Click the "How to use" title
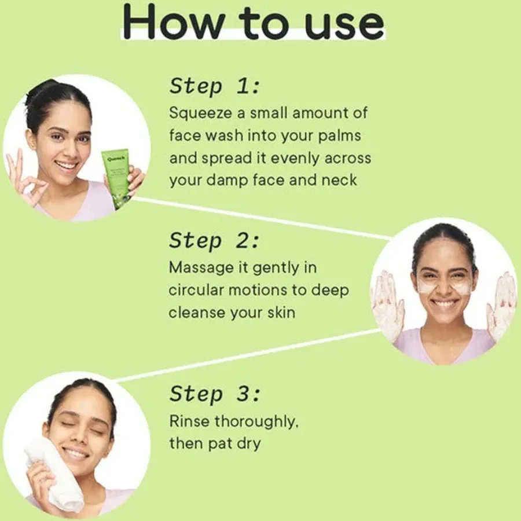(x=254, y=23)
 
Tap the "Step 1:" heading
(x=214, y=87)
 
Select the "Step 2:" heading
(x=214, y=241)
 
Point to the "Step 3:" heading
(x=214, y=395)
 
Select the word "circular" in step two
(x=196, y=291)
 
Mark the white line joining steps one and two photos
(x=260, y=217)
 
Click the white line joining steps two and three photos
(x=243, y=355)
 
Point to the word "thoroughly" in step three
(x=256, y=422)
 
